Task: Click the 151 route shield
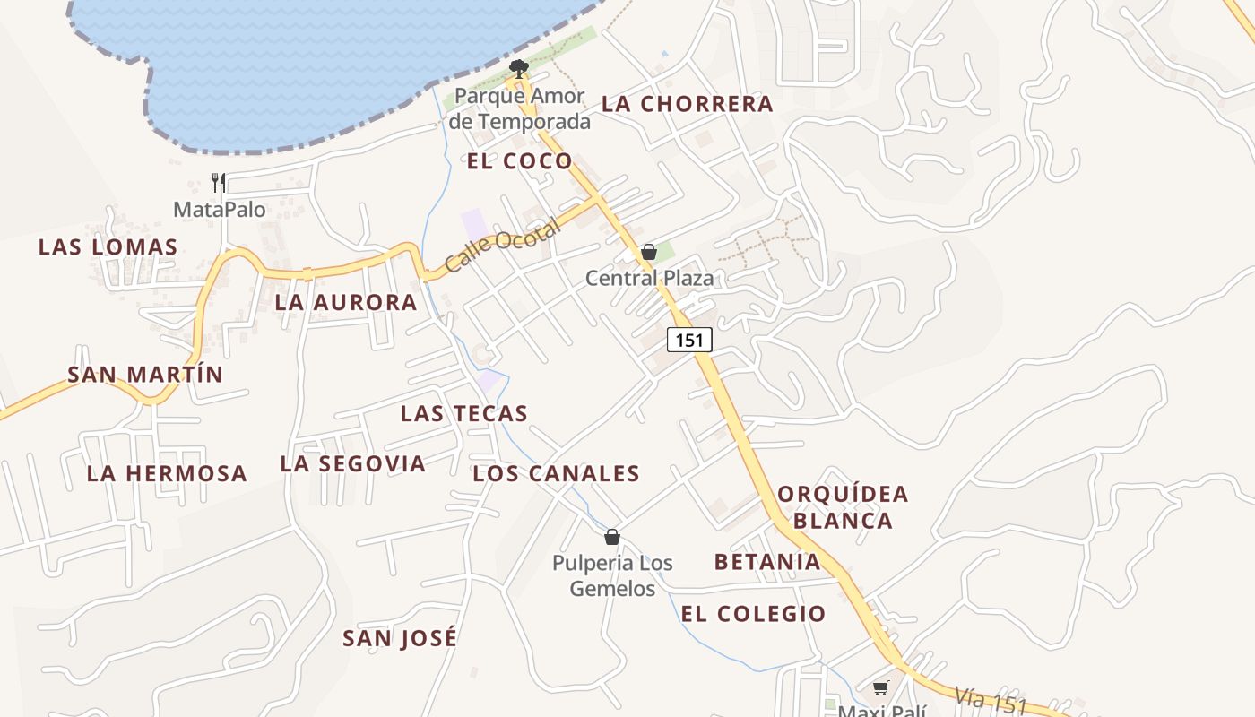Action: [689, 340]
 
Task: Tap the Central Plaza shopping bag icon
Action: [649, 252]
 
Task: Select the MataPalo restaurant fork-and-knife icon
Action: [219, 183]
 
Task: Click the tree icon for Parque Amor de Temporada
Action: [518, 67]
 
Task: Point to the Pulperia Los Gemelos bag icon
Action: [612, 537]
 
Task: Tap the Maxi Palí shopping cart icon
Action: [881, 688]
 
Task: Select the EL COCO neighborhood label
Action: [519, 161]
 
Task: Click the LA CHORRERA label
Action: [687, 104]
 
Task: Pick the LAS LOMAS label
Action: [108, 247]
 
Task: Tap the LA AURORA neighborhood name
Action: [345, 303]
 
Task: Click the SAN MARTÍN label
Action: [145, 375]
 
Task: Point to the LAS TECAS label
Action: [463, 413]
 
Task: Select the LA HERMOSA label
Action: [166, 473]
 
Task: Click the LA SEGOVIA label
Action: [352, 463]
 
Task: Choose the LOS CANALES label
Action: [556, 474]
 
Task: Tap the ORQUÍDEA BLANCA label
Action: [843, 507]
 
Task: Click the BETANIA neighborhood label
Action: [767, 562]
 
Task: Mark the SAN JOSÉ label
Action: [400, 638]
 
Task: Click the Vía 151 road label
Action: [990, 700]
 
